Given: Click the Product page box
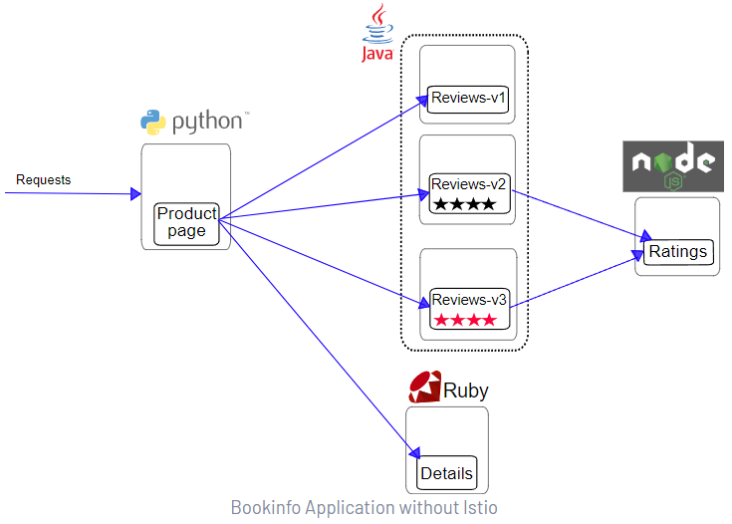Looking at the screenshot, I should tap(186, 223).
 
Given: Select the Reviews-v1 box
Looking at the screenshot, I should tap(469, 98).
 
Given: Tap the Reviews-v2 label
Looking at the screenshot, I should tap(469, 184).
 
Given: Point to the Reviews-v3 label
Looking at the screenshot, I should tap(469, 298).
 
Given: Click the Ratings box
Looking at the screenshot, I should tap(678, 251).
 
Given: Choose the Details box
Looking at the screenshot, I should tap(447, 473).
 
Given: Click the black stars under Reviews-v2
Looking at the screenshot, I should tap(463, 204).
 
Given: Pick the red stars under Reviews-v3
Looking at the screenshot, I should tap(463, 320).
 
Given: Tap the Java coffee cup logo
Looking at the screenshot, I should tap(376, 22).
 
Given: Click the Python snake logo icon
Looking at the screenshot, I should tap(152, 123).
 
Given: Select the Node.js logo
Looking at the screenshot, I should tap(672, 165).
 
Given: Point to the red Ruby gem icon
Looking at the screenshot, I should tap(425, 387).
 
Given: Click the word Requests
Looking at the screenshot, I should tap(44, 180).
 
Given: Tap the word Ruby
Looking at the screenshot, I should tap(466, 390).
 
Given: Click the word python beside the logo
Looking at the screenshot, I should tap(207, 123).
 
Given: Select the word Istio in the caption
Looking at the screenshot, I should tap(476, 508).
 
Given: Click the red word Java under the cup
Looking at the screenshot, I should tap(376, 53).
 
